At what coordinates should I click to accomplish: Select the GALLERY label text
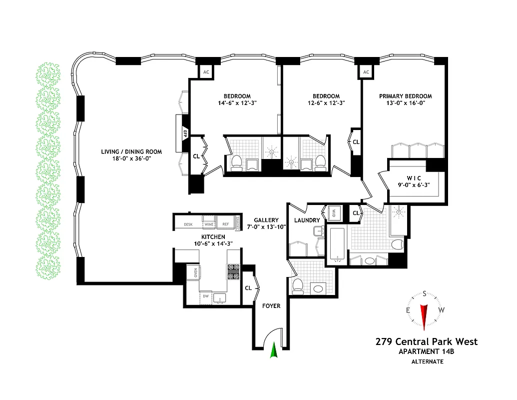click(266, 220)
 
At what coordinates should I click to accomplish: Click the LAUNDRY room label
click(307, 220)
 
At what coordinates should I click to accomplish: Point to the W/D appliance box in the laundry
click(333, 213)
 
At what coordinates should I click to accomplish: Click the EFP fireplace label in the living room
click(184, 133)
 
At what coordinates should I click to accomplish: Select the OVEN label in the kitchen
click(195, 272)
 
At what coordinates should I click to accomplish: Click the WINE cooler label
click(208, 225)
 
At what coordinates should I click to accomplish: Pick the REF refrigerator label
click(225, 225)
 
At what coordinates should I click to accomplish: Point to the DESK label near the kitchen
click(188, 225)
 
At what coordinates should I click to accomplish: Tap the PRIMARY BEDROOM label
click(405, 96)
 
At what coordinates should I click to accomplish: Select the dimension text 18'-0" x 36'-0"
click(126, 158)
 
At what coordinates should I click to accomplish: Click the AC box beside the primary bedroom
click(366, 72)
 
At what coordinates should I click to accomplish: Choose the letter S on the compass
click(424, 294)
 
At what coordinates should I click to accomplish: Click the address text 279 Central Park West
click(426, 342)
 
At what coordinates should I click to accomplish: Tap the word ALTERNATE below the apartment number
click(427, 361)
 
